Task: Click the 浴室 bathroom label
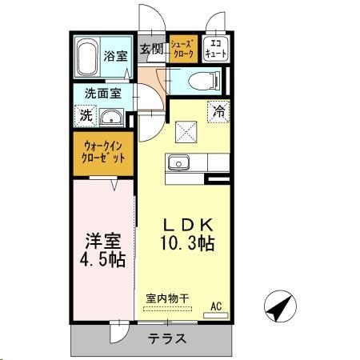coord(115,56)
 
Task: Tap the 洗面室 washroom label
coord(103,93)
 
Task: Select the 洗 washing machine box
coord(86,115)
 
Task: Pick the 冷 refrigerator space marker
coord(218,112)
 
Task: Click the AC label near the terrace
coord(215,305)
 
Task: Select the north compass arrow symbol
coord(278,306)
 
